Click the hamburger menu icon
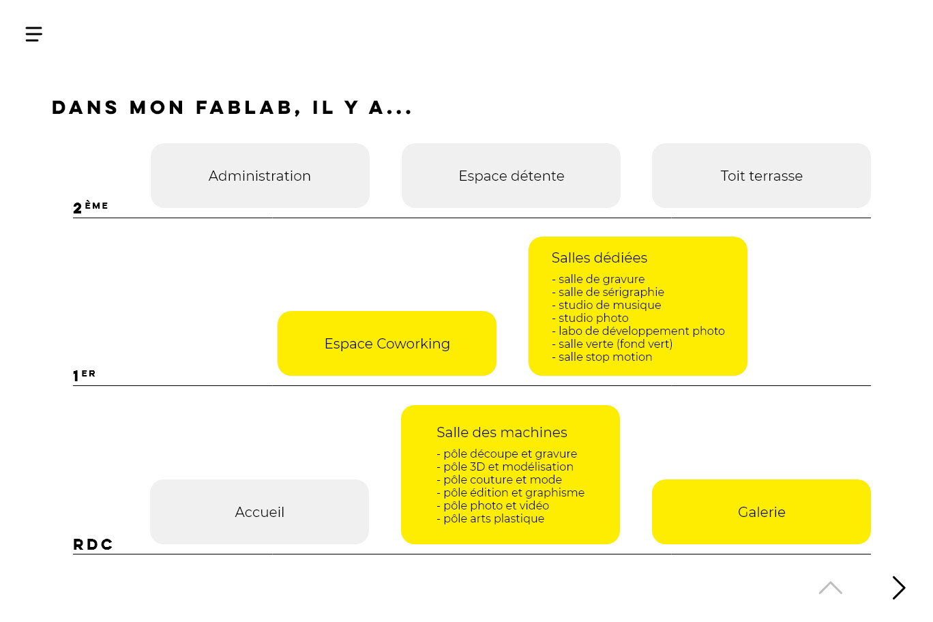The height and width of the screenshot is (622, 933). pyautogui.click(x=34, y=34)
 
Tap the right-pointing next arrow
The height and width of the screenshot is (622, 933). pyautogui.click(x=899, y=588)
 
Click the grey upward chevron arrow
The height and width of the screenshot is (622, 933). pyautogui.click(x=830, y=588)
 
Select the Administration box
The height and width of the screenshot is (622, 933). pyautogui.click(x=260, y=176)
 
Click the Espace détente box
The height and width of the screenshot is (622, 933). pyautogui.click(x=511, y=176)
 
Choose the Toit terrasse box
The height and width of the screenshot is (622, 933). pyautogui.click(x=761, y=176)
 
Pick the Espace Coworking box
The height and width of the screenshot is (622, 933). pyautogui.click(x=387, y=344)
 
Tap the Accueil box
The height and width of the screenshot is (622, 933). pyautogui.click(x=259, y=512)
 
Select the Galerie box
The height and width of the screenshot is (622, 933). pyautogui.click(x=761, y=512)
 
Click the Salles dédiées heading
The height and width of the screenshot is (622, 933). pyautogui.click(x=599, y=258)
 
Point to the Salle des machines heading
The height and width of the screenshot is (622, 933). pyautogui.click(x=501, y=432)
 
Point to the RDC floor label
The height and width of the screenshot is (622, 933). pyautogui.click(x=93, y=544)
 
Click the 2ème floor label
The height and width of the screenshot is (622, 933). pyautogui.click(x=90, y=207)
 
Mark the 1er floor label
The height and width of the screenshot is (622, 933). pyautogui.click(x=84, y=375)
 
